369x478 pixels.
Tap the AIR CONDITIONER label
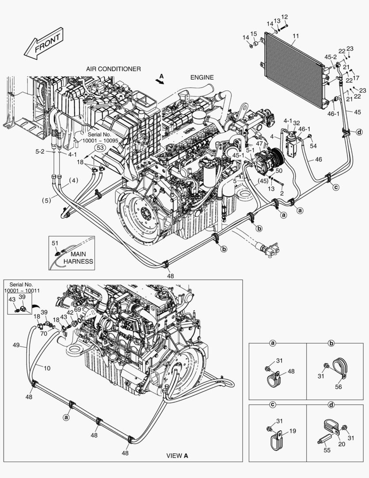pos(113,69)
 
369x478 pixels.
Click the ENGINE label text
pos(202,77)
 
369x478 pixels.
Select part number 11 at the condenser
pos(295,35)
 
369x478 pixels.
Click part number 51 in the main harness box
pos(55,243)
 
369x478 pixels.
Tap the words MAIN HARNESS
pos(78,258)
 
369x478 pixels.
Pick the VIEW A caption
pos(177,455)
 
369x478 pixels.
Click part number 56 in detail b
pos(339,386)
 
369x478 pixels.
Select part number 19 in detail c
pos(293,431)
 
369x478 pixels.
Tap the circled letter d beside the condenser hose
pos(359,131)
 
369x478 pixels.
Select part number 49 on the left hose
pos(16,345)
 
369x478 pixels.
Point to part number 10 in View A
pos(47,367)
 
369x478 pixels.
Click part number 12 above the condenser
pos(285,17)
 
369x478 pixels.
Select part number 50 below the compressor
pos(278,170)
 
